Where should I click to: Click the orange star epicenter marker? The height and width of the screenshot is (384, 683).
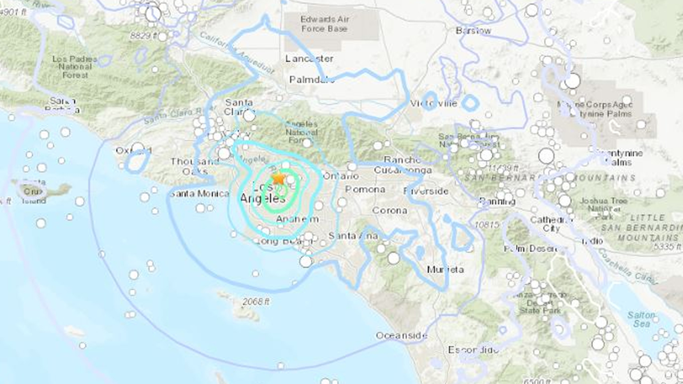(278, 178)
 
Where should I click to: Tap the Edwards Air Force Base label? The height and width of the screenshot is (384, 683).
(324, 24)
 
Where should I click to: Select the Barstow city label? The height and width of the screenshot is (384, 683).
(473, 31)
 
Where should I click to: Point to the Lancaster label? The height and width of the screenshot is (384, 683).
(309, 58)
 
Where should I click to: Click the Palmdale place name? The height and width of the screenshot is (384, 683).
(312, 79)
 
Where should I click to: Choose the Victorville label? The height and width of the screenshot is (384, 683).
(434, 103)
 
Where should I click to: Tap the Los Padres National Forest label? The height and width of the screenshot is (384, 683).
(75, 67)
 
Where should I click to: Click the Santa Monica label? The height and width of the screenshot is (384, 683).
(200, 194)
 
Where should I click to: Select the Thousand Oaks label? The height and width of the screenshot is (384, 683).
(194, 166)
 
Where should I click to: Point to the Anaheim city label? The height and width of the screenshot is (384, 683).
(297, 219)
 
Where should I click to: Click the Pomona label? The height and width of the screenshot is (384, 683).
(365, 189)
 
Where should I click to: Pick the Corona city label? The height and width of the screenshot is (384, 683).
(390, 210)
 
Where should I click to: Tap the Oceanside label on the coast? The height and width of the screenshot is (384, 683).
(402, 335)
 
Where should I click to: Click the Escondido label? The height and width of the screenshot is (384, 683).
(473, 350)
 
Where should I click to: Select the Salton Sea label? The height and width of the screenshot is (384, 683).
(641, 319)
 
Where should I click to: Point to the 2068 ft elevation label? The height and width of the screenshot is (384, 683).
(256, 302)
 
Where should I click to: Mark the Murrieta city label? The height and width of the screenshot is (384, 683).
(445, 270)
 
